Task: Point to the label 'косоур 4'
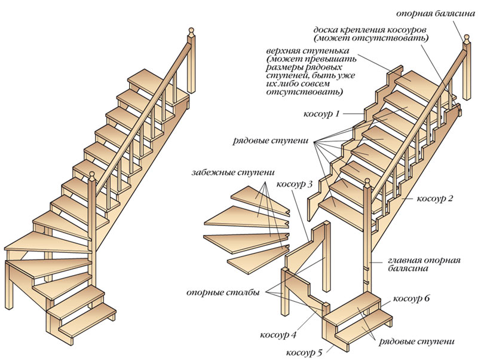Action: click(x=280, y=332)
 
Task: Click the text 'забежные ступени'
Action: click(x=226, y=173)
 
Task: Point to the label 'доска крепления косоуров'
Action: click(x=371, y=30)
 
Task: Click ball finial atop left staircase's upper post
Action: click(x=191, y=30)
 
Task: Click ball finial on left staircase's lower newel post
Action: click(x=92, y=175)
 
